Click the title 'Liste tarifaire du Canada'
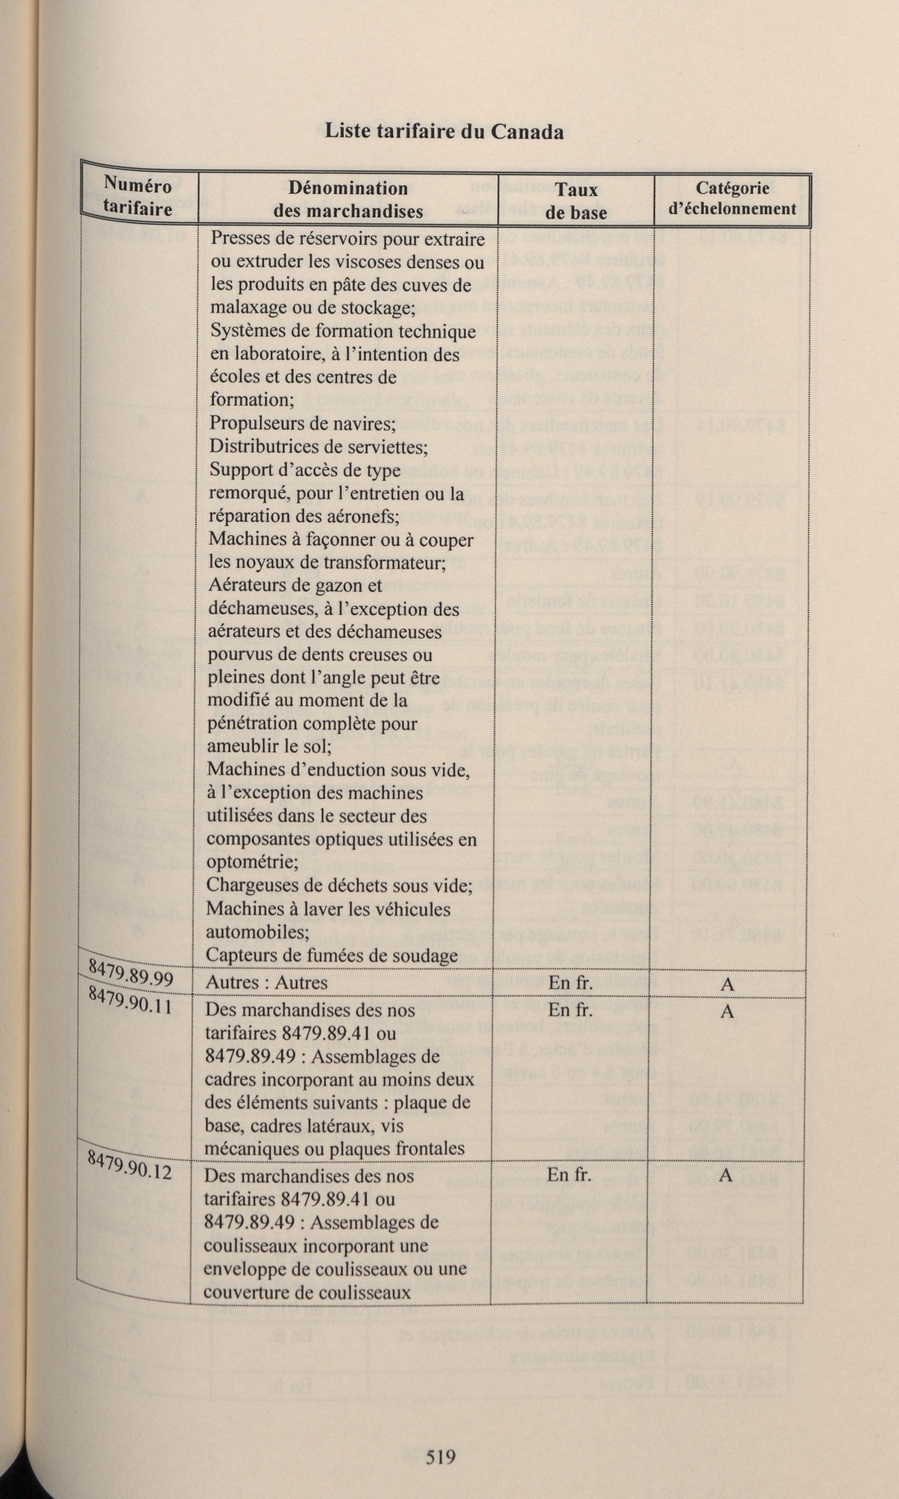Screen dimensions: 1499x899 tap(444, 131)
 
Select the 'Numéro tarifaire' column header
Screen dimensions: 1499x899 tap(138, 197)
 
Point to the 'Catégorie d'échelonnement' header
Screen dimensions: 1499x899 tap(732, 198)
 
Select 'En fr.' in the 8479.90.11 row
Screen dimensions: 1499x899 tap(570, 1009)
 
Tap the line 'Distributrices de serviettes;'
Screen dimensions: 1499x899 tap(319, 447)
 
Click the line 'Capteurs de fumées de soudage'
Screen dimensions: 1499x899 tap(331, 955)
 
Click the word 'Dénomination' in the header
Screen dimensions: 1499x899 tap(348, 188)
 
